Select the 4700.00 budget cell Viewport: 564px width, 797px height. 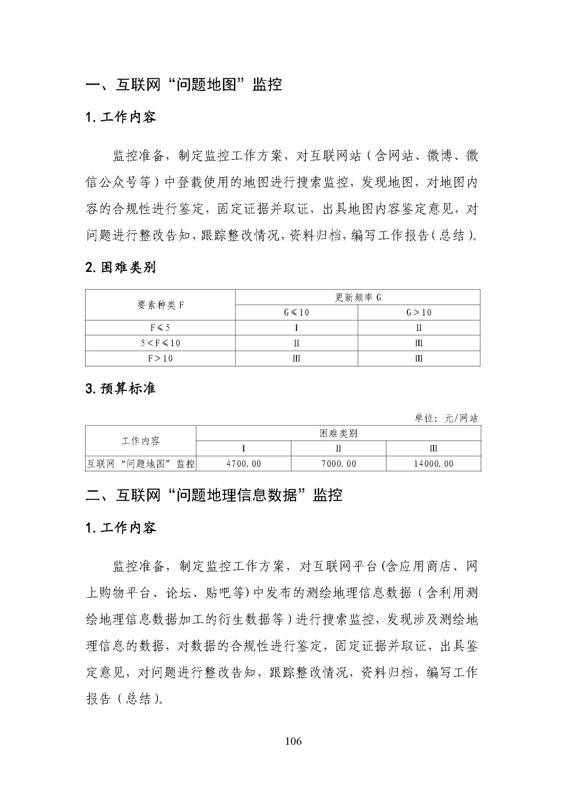pyautogui.click(x=243, y=463)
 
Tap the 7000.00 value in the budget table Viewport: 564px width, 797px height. pyautogui.click(x=338, y=463)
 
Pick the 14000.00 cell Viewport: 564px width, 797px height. pyautogui.click(x=433, y=463)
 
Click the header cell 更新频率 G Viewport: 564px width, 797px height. pyautogui.click(x=358, y=298)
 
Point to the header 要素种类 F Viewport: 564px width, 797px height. pyautogui.click(x=160, y=305)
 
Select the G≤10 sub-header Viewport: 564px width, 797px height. pyautogui.click(x=296, y=313)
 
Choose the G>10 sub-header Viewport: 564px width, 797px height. pyautogui.click(x=419, y=313)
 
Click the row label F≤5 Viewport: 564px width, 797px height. pyautogui.click(x=160, y=328)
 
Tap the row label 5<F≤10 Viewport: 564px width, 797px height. pyautogui.click(x=160, y=343)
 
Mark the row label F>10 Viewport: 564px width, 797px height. pyautogui.click(x=160, y=358)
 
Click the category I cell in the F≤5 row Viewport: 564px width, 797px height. pyautogui.click(x=296, y=328)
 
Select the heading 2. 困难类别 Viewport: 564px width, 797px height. pyautogui.click(x=121, y=268)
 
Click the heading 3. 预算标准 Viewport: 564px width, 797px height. pyautogui.click(x=121, y=389)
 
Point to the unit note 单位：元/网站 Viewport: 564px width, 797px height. pyautogui.click(x=446, y=418)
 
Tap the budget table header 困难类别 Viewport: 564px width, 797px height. pyautogui.click(x=338, y=433)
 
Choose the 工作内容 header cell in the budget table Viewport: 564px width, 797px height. pyautogui.click(x=140, y=441)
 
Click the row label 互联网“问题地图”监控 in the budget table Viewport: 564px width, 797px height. pyautogui.click(x=140, y=463)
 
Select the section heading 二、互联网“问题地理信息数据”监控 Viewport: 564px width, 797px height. pyautogui.click(x=214, y=495)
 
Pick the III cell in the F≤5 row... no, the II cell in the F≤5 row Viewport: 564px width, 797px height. pyautogui.click(x=419, y=328)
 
